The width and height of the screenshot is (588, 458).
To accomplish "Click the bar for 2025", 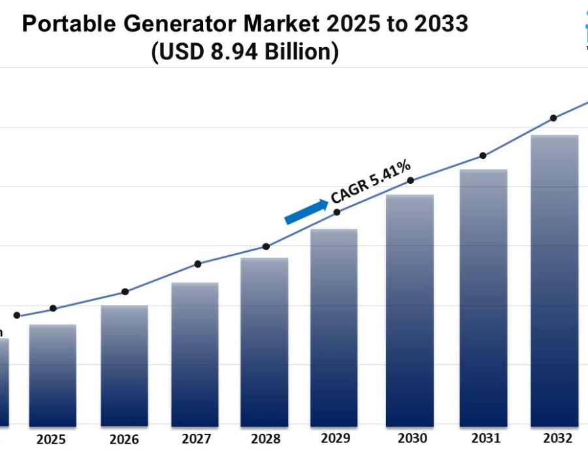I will (53, 376).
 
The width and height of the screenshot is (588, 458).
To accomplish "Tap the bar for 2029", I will (334, 328).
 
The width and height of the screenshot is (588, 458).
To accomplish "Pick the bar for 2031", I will (483, 298).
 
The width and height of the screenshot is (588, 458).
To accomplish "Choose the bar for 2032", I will (555, 281).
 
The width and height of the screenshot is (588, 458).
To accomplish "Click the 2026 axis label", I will (123, 438).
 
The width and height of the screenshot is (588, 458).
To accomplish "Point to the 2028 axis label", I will (265, 438).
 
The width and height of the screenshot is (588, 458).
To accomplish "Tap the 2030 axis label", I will (412, 438).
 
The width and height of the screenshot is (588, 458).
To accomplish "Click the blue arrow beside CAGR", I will (306, 212).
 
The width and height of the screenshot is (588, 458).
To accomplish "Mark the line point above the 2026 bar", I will (125, 292).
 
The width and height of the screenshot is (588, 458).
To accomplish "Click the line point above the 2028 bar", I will (266, 247).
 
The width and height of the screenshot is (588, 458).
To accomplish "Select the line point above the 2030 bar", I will (410, 181).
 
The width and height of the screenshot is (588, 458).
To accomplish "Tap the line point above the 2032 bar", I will (553, 118).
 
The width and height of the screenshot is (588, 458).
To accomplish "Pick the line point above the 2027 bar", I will (198, 264).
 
